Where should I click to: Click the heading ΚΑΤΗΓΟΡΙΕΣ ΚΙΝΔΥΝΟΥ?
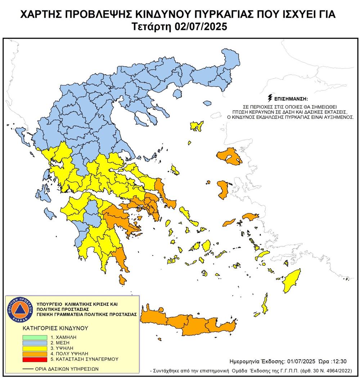tap(50, 328)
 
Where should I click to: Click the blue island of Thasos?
tap(177, 94)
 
